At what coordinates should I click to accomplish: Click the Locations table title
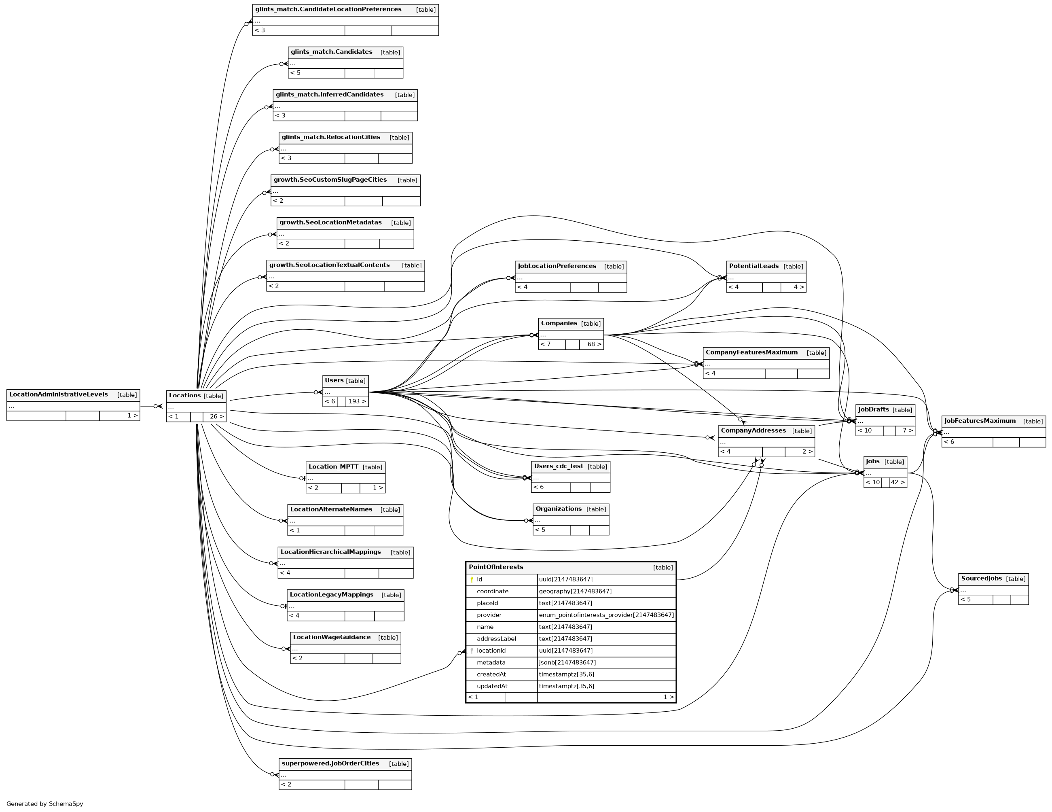point(184,396)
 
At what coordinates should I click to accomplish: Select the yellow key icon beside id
point(472,580)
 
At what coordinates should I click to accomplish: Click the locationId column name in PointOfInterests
point(491,651)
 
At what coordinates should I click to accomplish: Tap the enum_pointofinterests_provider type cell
point(606,615)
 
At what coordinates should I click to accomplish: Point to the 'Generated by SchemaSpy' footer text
point(45,804)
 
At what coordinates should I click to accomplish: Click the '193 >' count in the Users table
point(357,401)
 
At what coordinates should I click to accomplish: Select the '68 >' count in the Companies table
point(591,344)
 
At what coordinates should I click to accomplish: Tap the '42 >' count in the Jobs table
point(897,482)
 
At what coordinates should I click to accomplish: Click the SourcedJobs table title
point(981,578)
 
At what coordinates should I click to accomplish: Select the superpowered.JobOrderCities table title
point(330,763)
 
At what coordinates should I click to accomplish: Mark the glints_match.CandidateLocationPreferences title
point(328,10)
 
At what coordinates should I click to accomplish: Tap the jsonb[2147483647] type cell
point(567,663)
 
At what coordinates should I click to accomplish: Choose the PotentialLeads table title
point(754,266)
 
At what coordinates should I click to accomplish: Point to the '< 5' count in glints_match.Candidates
point(295,73)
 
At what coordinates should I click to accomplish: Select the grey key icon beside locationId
point(472,651)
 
